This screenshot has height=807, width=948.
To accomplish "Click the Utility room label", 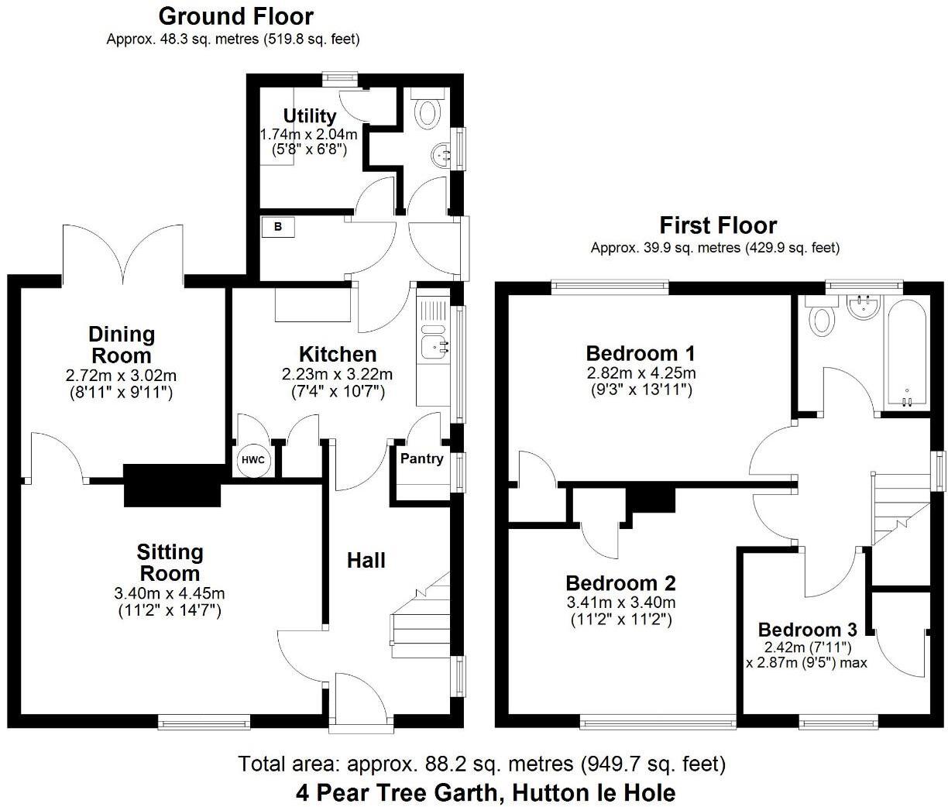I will tap(309, 116).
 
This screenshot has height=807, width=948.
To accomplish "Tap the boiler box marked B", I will tap(277, 227).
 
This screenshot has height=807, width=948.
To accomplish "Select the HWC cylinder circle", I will tap(252, 460).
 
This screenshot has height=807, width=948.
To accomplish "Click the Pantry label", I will tap(421, 458).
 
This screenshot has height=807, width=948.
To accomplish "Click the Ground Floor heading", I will tap(235, 16).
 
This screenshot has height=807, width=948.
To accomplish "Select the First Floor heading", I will tap(717, 225).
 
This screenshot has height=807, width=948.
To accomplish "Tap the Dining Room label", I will tap(121, 345).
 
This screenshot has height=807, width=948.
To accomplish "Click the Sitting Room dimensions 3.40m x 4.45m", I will tap(170, 594).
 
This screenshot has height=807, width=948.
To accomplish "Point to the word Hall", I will tap(366, 560).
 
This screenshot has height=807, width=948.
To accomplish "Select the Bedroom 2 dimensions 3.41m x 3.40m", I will tap(620, 603).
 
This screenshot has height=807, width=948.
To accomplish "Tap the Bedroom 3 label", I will tap(807, 630).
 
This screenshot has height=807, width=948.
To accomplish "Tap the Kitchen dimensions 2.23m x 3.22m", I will tap(337, 374).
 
